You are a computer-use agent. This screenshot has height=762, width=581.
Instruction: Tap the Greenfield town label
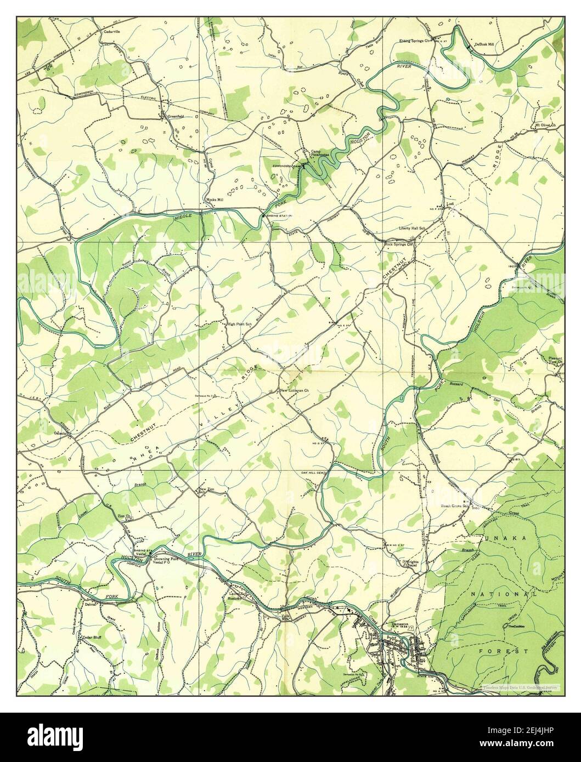tap(168, 116)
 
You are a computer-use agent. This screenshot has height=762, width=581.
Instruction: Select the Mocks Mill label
tap(213, 199)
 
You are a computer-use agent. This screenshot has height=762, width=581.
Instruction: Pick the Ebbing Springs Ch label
tap(416, 40)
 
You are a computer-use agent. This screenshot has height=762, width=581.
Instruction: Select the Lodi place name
tap(452, 203)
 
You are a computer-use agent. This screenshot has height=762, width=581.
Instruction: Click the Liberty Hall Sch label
tap(412, 229)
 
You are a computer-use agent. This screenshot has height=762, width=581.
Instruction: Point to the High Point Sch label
tap(239, 323)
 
